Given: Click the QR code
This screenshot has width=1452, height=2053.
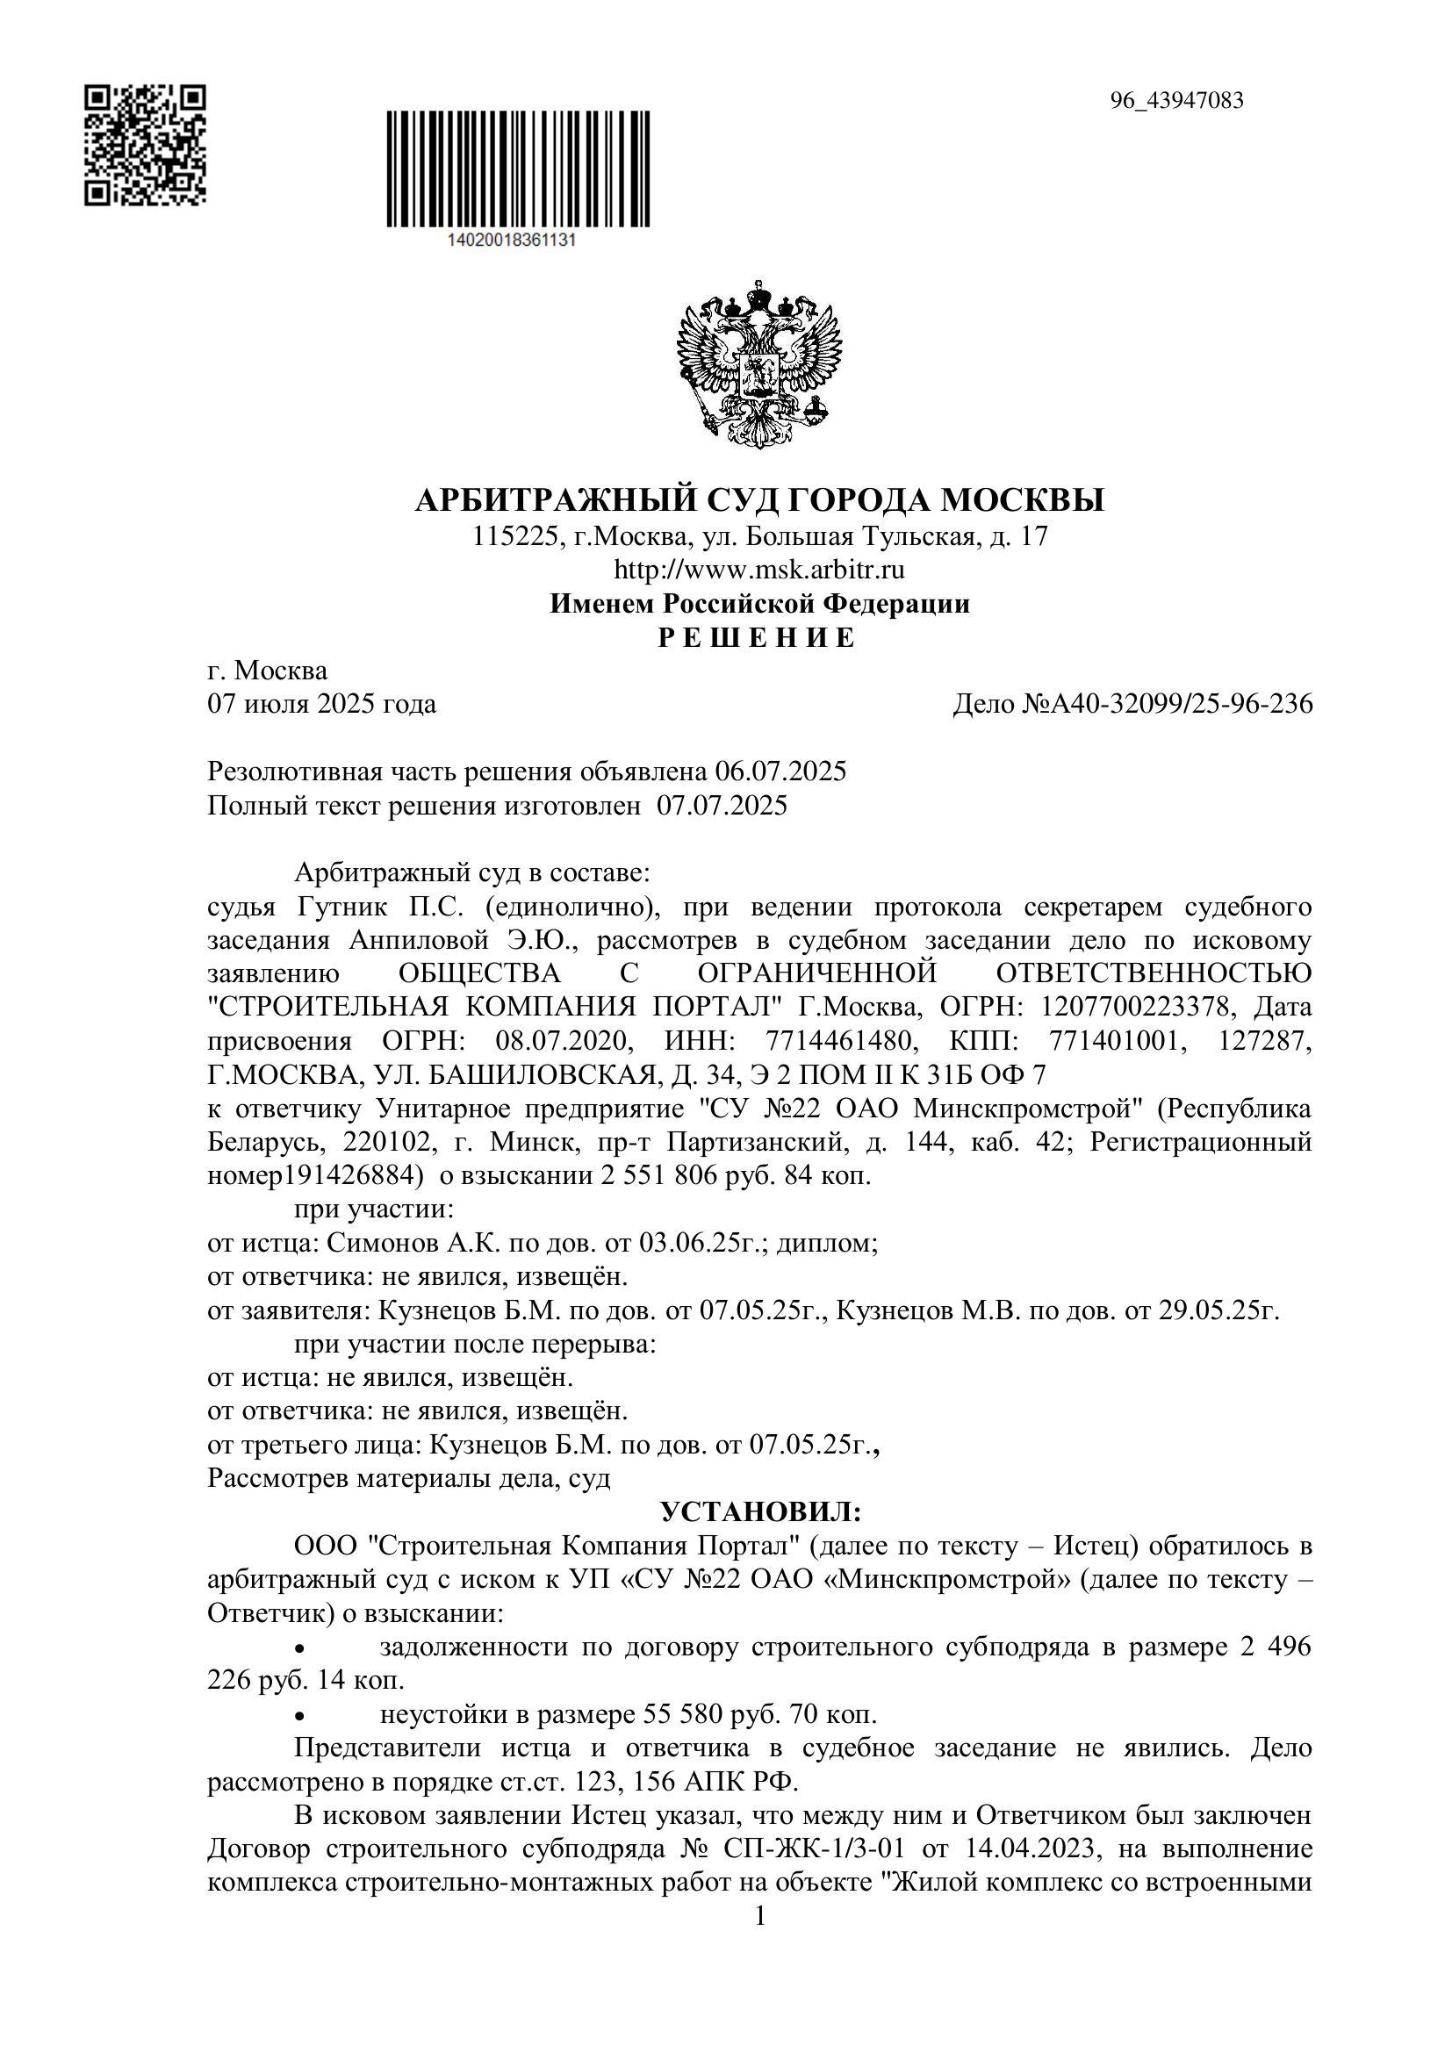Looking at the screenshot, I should pos(145,145).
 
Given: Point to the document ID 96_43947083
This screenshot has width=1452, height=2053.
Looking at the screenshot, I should pos(1176,100).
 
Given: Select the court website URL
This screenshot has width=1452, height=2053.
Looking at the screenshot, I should pos(759,570).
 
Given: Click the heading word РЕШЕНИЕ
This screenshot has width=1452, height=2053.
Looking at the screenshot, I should pos(758,637).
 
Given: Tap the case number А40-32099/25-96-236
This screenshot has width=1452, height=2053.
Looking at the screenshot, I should pos(1168,705).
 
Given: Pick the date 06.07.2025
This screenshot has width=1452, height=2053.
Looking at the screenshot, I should pos(781,772).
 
